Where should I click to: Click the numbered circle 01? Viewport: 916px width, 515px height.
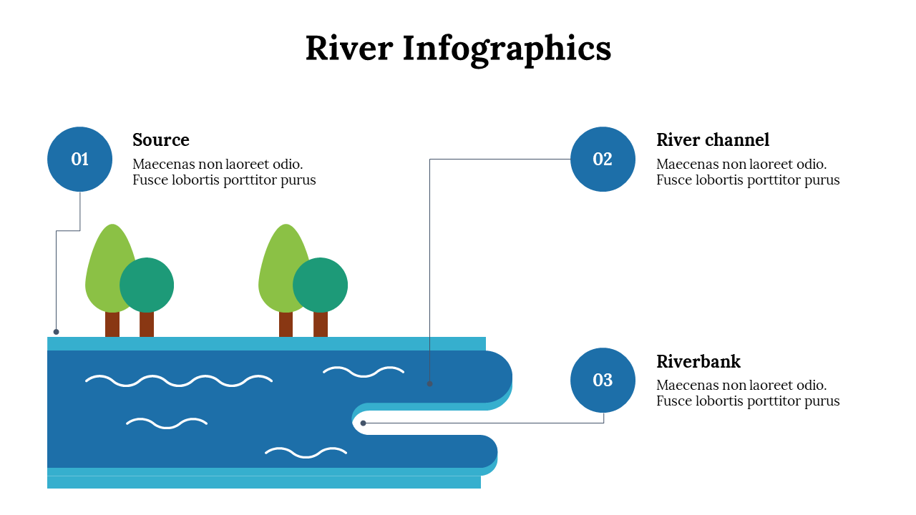(x=79, y=159)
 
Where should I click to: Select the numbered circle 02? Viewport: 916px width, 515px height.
(x=603, y=159)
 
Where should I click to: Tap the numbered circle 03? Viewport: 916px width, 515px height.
(x=603, y=380)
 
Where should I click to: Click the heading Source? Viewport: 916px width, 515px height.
(x=161, y=139)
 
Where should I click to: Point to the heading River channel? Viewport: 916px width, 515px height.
(x=713, y=139)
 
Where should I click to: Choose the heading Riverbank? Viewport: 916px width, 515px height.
(x=698, y=361)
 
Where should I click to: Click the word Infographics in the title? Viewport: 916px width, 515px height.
(x=507, y=49)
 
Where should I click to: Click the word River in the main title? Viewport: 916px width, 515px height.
(x=349, y=49)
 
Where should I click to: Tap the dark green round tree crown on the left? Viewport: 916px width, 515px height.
(x=147, y=285)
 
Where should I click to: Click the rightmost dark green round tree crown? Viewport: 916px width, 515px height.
(x=321, y=285)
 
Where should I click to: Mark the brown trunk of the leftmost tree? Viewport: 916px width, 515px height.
(x=112, y=324)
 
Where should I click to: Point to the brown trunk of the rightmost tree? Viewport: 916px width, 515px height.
(x=321, y=324)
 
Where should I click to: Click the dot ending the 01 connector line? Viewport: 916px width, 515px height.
(x=57, y=332)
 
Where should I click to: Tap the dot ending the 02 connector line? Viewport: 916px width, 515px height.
(x=430, y=383)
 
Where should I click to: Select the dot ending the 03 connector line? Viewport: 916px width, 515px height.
(x=364, y=423)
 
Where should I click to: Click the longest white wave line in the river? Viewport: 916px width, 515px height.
(x=179, y=381)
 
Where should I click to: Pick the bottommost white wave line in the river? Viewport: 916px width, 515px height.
(x=306, y=452)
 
